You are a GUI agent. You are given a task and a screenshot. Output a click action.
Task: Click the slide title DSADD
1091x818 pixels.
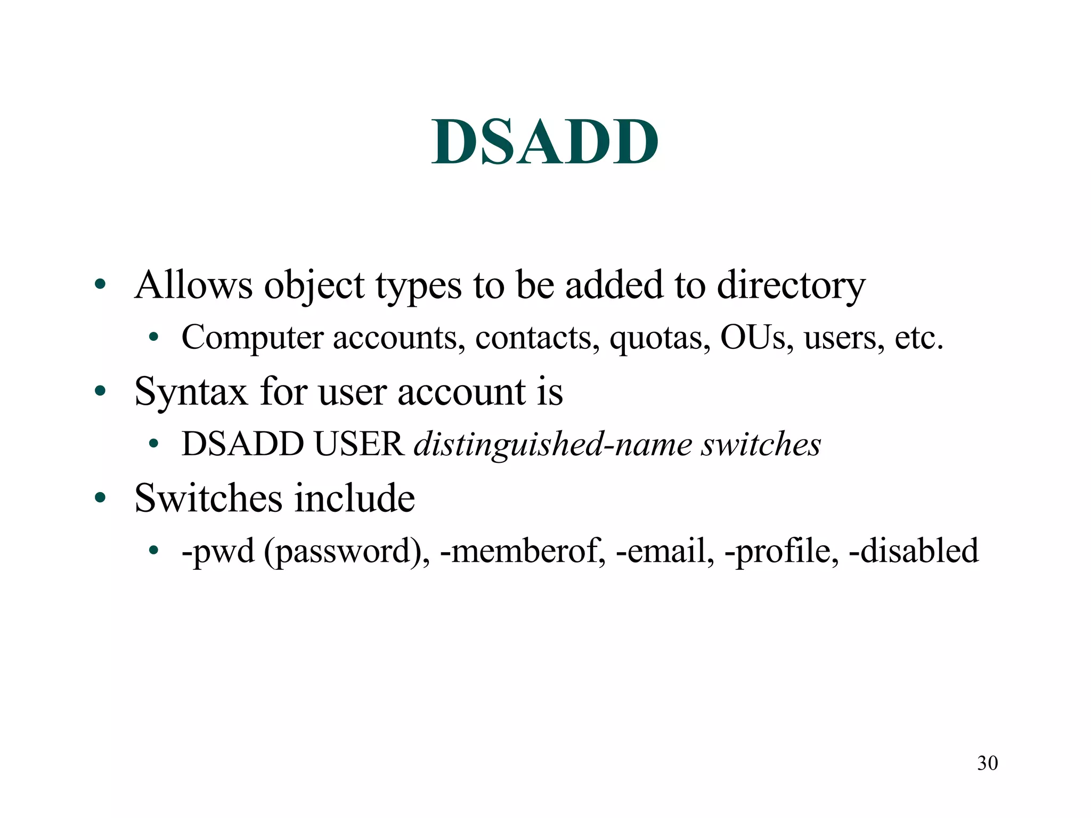coord(544,142)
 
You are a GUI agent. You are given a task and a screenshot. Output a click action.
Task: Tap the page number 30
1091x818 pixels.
coord(987,763)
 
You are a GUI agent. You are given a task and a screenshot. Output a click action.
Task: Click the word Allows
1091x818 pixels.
coord(193,285)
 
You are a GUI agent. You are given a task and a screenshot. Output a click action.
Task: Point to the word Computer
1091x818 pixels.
coord(253,338)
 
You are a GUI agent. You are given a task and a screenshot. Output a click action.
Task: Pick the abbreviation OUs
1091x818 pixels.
coord(753,338)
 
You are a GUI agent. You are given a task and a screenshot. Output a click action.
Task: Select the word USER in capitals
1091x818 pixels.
coord(359,444)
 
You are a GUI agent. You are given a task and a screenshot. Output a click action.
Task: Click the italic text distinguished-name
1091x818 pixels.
coord(552,445)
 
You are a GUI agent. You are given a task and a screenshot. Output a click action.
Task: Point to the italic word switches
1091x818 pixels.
coord(760,444)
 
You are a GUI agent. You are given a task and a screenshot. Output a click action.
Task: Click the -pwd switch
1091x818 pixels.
coord(218,551)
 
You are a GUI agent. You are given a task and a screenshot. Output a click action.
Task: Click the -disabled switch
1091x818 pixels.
coord(913,550)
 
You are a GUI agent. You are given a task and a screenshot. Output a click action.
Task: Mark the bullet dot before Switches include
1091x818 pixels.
coord(100,498)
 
